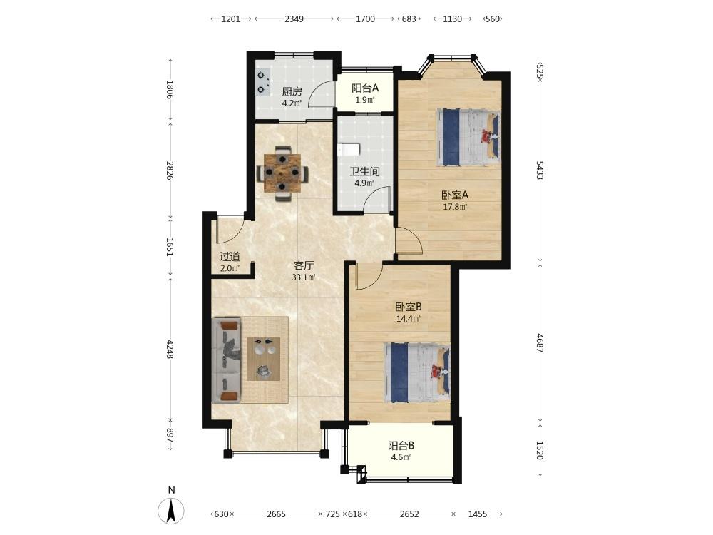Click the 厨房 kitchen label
292,91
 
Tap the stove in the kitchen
262,82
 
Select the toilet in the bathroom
349,149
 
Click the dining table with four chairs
283,173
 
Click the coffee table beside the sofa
263,359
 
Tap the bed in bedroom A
468,137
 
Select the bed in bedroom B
417,372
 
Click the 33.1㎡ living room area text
304,277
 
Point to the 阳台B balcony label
401,446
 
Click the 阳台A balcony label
364,88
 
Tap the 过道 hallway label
230,257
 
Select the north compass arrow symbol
171,511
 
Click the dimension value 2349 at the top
294,19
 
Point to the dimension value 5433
540,170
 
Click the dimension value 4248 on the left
170,349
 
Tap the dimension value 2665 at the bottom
276,514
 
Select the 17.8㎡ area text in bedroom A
455,207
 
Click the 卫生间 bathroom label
364,171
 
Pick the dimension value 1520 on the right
540,450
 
